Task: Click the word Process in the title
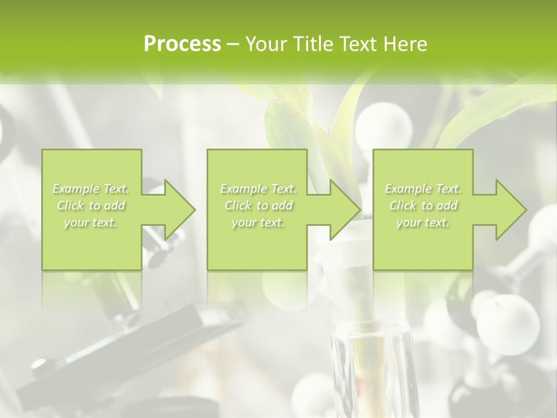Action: coord(182,44)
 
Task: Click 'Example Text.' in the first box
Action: coord(91,189)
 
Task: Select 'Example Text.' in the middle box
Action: coord(258,189)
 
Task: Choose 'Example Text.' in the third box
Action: coord(423,189)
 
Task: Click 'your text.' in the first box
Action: coord(91,222)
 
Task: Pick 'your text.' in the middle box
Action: coord(258,222)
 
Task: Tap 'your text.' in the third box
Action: coord(423,222)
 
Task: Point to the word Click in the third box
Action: coord(403,206)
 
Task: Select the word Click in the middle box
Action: coord(238,206)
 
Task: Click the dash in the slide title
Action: coord(233,44)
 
